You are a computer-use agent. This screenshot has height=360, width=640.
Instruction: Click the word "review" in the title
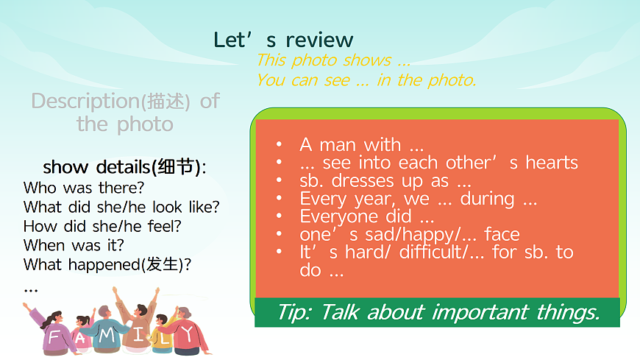319,40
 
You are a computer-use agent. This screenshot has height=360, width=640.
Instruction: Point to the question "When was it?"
74,244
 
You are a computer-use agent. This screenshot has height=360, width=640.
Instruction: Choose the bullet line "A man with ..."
361,144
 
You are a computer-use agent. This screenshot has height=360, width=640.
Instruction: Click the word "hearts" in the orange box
552,163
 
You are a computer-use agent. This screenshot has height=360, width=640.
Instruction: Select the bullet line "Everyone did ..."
367,216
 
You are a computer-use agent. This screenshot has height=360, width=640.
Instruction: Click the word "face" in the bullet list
502,234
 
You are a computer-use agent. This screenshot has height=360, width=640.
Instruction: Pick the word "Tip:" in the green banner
294,312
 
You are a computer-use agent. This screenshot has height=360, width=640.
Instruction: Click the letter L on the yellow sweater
164,340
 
